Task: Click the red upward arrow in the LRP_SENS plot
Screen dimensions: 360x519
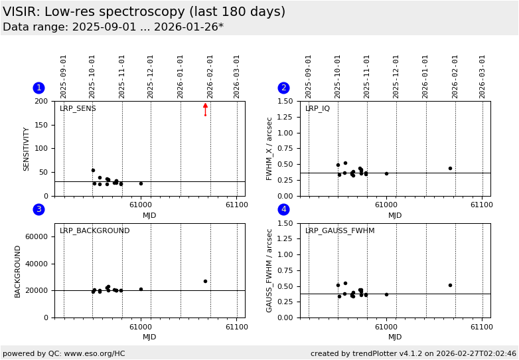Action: tap(205, 107)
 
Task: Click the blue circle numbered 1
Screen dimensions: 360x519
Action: tap(38, 88)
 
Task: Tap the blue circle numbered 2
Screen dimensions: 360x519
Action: tap(283, 88)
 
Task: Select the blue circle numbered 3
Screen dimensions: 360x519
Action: tap(38, 209)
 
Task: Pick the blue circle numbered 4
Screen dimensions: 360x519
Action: tap(283, 209)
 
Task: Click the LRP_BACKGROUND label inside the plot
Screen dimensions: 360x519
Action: tap(94, 231)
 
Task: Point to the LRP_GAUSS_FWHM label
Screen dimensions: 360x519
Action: tap(339, 231)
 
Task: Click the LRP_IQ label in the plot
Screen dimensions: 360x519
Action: tap(317, 109)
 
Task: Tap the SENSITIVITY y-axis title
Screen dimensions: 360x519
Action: tap(27, 149)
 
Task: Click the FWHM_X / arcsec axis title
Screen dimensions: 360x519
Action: tap(269, 149)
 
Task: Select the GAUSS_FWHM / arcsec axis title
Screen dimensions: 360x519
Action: tap(269, 270)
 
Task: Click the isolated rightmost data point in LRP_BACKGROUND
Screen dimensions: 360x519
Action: tap(205, 281)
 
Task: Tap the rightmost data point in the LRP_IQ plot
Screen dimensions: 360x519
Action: tap(450, 168)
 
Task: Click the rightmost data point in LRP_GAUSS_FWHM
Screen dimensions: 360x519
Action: tap(450, 285)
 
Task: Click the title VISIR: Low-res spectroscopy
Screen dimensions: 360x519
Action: tap(144, 12)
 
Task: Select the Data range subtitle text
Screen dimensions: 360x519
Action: tap(113, 27)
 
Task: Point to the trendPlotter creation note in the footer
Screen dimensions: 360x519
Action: tap(413, 353)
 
